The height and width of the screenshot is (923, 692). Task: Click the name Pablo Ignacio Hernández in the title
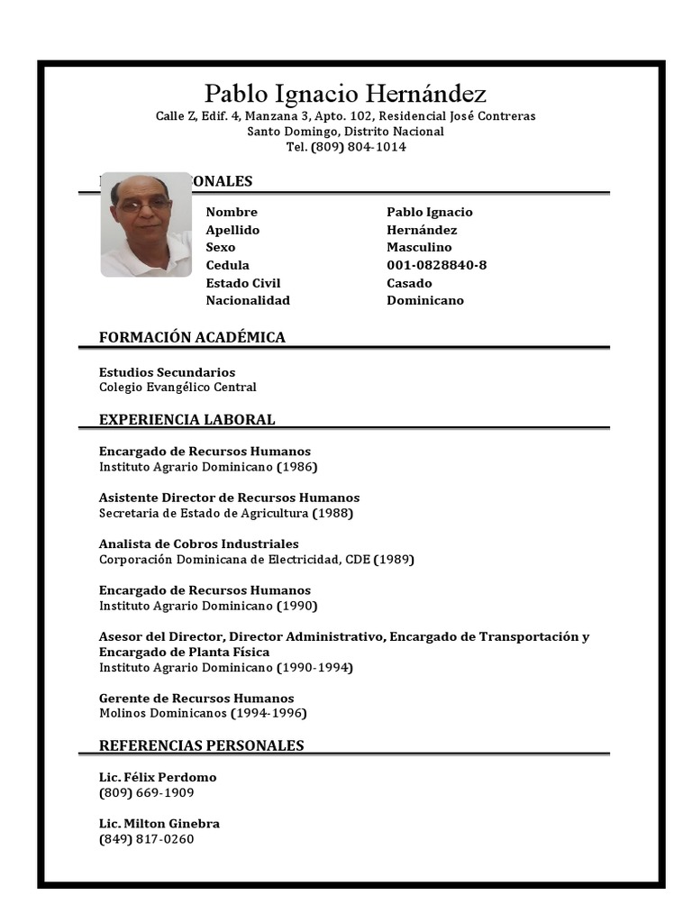[x=345, y=94]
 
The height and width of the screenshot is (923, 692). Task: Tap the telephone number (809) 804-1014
[x=358, y=147]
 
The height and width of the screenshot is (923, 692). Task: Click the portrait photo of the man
[x=145, y=224]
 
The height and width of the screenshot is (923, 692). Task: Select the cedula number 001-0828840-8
[x=436, y=265]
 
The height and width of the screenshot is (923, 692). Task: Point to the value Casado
[x=409, y=283]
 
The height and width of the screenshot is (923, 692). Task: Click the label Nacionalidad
[x=248, y=300]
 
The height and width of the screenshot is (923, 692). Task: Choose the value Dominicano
[x=425, y=300]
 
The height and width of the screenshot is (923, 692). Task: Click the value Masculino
[x=419, y=247]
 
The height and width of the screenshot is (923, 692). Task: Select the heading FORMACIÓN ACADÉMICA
[x=192, y=337]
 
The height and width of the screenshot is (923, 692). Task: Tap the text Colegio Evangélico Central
[x=178, y=388]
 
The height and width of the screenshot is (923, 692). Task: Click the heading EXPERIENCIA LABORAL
[x=187, y=420]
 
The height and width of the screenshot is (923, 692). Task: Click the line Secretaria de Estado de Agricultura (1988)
[x=225, y=514]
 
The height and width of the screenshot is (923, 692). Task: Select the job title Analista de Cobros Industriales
[x=198, y=544]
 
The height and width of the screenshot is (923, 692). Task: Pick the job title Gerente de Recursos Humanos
[x=196, y=699]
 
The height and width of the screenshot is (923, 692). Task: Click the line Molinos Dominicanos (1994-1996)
[x=203, y=714]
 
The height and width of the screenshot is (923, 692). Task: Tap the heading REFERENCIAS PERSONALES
[x=201, y=745]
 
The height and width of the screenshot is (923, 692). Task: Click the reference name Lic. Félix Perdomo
[x=158, y=777]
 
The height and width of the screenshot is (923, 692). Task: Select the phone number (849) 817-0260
[x=146, y=839]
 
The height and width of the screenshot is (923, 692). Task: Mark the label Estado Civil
[x=243, y=283]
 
